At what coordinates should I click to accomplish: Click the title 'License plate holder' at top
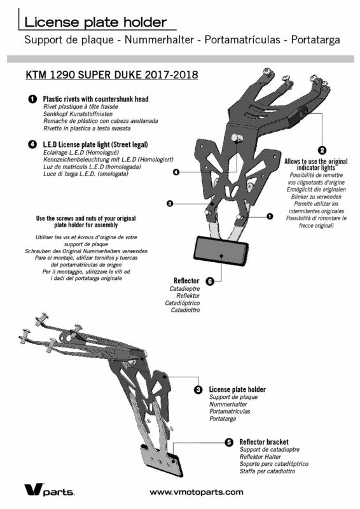[x=95, y=22]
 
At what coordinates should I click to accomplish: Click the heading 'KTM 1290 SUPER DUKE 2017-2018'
[x=112, y=75]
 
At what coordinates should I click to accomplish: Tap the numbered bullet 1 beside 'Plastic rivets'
[x=32, y=99]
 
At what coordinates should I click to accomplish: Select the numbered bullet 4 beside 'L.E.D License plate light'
[x=32, y=144]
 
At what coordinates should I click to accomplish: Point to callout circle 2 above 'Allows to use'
[x=322, y=150]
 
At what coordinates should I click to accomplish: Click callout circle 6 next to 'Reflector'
[x=210, y=281]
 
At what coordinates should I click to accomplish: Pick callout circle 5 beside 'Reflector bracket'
[x=229, y=442]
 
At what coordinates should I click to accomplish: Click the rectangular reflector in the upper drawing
[x=221, y=249]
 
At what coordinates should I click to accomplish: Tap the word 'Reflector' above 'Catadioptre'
[x=186, y=281]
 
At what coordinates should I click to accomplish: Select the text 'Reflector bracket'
[x=264, y=442]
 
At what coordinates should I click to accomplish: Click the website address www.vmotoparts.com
[x=197, y=492]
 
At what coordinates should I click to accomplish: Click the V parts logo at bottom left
[x=49, y=490]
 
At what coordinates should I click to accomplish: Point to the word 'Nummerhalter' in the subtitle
[x=159, y=40]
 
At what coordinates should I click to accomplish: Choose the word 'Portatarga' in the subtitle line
[x=315, y=40]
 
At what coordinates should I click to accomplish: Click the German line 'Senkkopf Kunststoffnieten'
[x=78, y=114]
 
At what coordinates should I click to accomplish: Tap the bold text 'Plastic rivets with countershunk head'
[x=96, y=99]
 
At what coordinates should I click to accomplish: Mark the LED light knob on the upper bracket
[x=237, y=138]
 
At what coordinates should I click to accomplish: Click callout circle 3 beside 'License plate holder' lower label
[x=198, y=389]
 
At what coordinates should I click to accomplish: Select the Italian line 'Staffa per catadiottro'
[x=268, y=471]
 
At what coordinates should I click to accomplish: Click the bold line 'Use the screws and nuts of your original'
[x=86, y=218]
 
